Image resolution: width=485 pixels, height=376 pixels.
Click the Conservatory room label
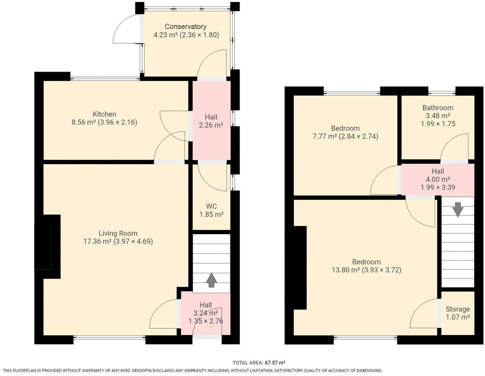pyautogui.click(x=185, y=27)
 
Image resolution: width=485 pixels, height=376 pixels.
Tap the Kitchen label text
pyautogui.click(x=104, y=114)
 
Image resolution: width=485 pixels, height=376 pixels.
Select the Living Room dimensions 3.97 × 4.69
pyautogui.click(x=133, y=241)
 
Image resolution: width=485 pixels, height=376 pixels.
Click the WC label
pyautogui.click(x=212, y=206)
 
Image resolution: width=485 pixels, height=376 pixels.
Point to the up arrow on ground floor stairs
pyautogui.click(x=211, y=281)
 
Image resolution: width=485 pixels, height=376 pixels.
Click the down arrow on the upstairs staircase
pyautogui.click(x=458, y=209)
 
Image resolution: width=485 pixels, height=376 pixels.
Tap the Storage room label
pyautogui.click(x=457, y=309)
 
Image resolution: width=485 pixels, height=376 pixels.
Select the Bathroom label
pyautogui.click(x=438, y=108)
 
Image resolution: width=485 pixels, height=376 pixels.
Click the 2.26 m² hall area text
pyautogui.click(x=211, y=125)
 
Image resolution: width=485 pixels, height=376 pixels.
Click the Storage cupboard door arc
pyautogui.click(x=419, y=308)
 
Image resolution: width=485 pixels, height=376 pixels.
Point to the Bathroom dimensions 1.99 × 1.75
pyautogui.click(x=438, y=124)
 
